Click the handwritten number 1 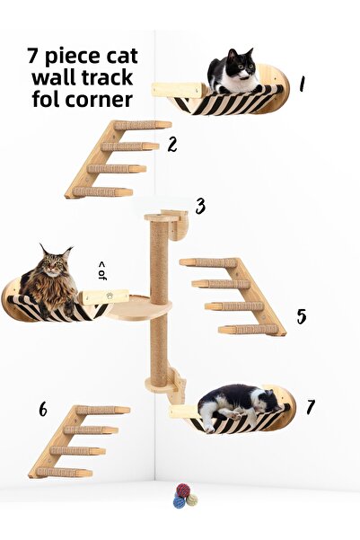tap(302, 84)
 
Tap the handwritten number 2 tap(171, 144)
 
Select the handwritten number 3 tap(200, 207)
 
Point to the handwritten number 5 tap(302, 316)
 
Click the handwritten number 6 tap(42, 410)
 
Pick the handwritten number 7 tap(310, 407)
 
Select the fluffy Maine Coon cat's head tap(55, 262)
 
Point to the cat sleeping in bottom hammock tap(235, 403)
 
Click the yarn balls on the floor tap(184, 495)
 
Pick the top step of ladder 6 tap(102, 410)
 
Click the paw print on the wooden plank tap(109, 295)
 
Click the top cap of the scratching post tap(159, 217)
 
